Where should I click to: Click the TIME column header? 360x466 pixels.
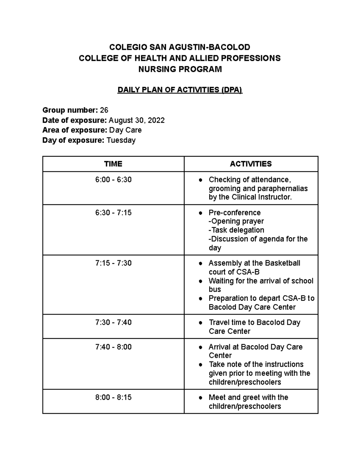[113, 164]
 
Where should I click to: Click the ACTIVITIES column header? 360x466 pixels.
[251, 164]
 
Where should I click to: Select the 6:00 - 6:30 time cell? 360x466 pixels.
[113, 180]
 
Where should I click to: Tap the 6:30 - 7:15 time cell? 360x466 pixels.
[113, 213]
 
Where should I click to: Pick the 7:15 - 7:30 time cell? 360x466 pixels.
[113, 263]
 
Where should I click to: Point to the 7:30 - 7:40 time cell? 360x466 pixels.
[113, 322]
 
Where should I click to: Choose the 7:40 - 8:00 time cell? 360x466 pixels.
[113, 347]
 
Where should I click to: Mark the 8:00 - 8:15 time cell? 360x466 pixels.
[113, 397]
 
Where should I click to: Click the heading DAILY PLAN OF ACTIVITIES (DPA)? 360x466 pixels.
[179, 90]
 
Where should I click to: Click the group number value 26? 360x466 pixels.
[104, 110]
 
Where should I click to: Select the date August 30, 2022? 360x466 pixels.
[136, 120]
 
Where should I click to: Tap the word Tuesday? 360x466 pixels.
[121, 140]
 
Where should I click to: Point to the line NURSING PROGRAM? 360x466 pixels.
[180, 69]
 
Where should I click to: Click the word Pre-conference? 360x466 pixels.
[235, 213]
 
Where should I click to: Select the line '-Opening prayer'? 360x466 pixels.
[236, 221]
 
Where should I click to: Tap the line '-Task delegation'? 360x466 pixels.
[236, 230]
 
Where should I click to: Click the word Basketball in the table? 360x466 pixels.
[283, 263]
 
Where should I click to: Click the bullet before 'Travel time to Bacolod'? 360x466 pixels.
[200, 323]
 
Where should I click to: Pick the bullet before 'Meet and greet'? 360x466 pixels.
[200, 398]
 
